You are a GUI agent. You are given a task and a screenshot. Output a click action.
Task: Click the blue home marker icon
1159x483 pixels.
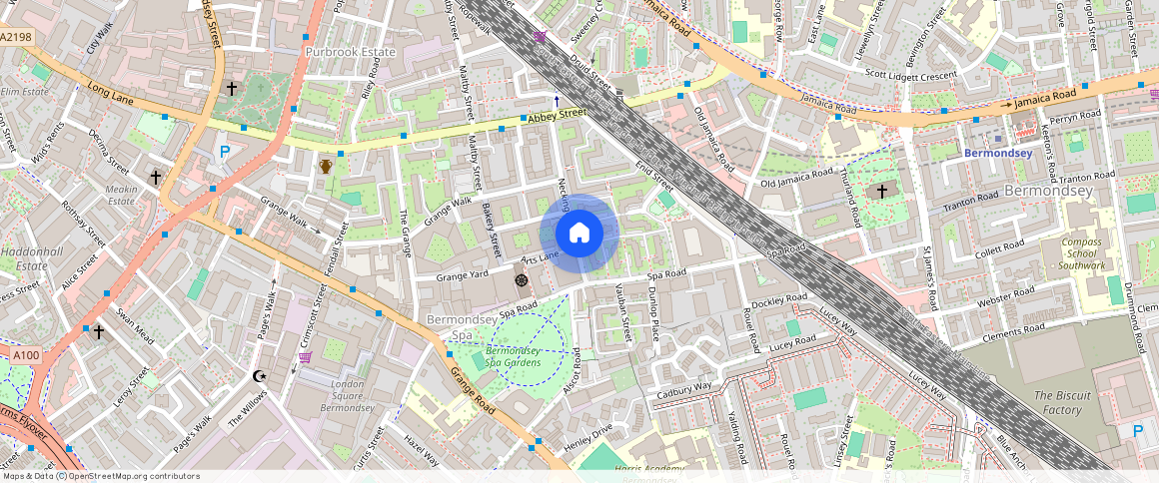(x=579, y=234)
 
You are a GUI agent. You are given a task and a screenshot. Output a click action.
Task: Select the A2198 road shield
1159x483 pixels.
(x=16, y=37)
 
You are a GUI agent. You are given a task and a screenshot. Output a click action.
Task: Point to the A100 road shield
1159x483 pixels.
(x=27, y=354)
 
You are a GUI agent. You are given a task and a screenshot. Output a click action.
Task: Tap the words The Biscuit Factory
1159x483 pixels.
(x=1058, y=402)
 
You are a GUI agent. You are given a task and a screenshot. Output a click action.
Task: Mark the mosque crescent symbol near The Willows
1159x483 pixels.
(x=260, y=376)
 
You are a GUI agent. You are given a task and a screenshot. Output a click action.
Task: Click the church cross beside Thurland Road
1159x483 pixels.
(x=881, y=191)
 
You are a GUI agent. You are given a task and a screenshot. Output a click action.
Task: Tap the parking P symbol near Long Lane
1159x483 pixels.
(x=225, y=153)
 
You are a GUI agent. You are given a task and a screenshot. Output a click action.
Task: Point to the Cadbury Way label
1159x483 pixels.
(x=683, y=390)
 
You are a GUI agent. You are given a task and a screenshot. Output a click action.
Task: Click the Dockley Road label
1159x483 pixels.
(x=778, y=299)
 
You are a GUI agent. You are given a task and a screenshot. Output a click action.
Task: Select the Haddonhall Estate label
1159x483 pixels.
(x=24, y=259)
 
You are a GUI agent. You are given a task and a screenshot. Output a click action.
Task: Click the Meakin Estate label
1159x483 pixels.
(x=121, y=195)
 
